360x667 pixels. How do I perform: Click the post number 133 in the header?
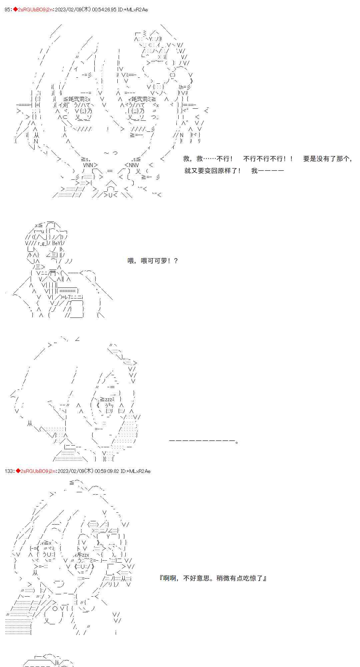pos(9,471)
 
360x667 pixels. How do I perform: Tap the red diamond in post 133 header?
pos(18,471)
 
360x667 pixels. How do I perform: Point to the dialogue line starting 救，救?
pos(208,159)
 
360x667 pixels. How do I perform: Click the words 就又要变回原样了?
pos(212,171)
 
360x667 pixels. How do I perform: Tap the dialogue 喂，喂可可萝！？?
pos(153,261)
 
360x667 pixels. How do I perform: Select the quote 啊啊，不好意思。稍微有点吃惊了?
pos(213,578)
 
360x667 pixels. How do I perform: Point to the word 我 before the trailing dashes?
pos(254,171)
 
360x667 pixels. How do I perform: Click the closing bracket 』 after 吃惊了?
pos(264,578)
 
